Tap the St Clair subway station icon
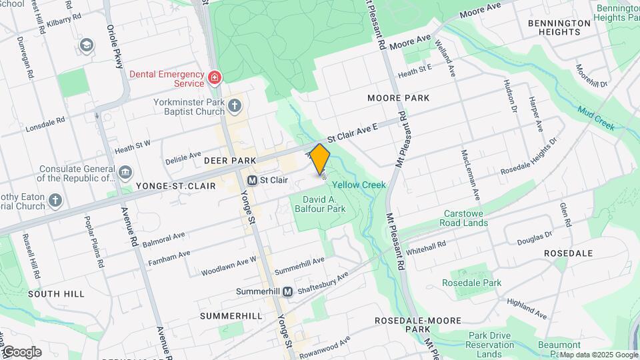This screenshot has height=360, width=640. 253,180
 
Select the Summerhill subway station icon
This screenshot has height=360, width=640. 287,292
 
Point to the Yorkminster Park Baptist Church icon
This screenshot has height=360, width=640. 234,105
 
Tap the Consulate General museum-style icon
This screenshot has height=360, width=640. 125,173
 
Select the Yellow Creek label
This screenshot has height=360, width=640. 359,185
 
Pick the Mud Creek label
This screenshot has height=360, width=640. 595,119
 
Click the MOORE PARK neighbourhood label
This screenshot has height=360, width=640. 398,98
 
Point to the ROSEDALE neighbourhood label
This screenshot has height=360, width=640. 568,253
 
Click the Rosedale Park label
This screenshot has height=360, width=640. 471,283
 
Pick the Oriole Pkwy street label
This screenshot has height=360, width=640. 115,47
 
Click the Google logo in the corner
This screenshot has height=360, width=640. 21,351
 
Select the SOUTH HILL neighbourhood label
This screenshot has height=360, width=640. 56,293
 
